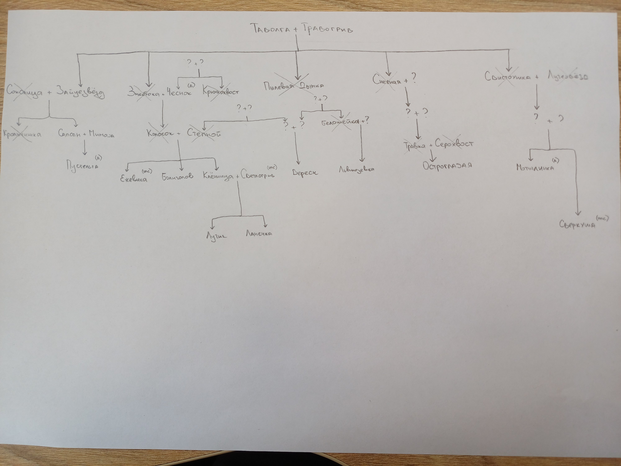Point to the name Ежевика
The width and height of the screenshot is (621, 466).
click(134, 178)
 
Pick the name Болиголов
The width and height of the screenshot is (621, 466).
click(177, 176)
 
